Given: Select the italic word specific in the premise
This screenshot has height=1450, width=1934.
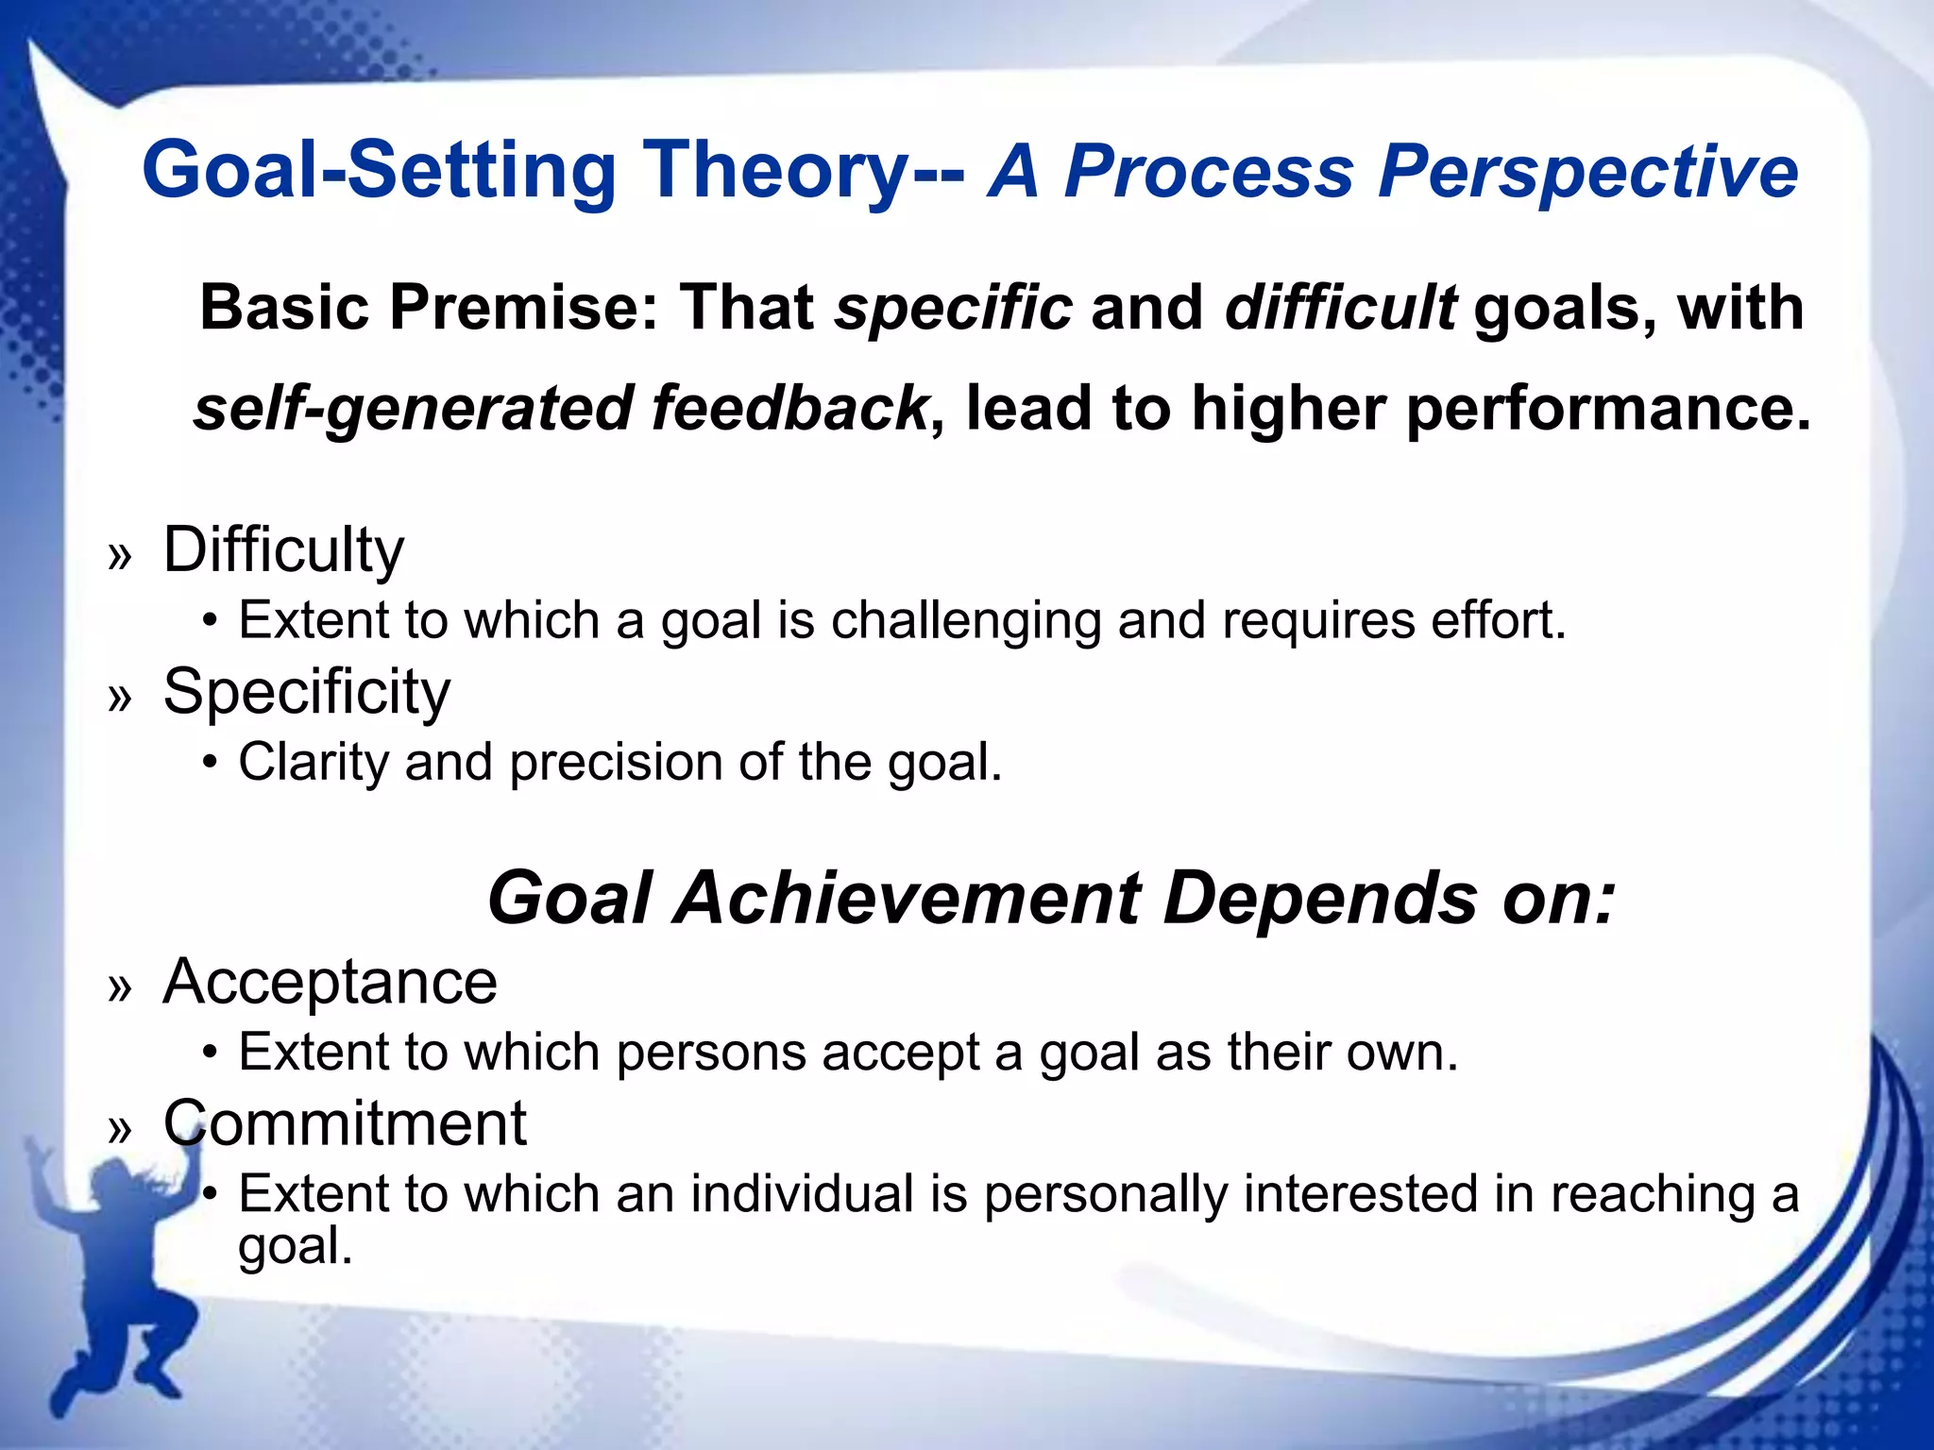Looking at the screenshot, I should click(x=954, y=309).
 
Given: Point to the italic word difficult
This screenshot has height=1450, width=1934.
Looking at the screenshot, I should click(x=1339, y=309).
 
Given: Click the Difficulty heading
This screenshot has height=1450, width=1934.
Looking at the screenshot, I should click(x=283, y=550).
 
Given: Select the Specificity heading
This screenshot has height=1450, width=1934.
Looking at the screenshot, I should click(x=306, y=692).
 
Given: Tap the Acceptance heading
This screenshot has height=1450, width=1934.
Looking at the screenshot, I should click(x=330, y=982).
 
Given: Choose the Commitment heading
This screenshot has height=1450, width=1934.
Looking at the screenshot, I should click(x=344, y=1123).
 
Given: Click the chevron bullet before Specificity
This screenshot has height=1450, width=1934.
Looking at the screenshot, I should click(x=120, y=699).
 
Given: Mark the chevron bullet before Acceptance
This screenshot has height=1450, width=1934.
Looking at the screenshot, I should click(x=120, y=988).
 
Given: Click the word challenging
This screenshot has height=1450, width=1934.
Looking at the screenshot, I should click(x=965, y=622).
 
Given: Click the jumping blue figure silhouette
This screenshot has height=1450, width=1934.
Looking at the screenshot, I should click(x=113, y=1284).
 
